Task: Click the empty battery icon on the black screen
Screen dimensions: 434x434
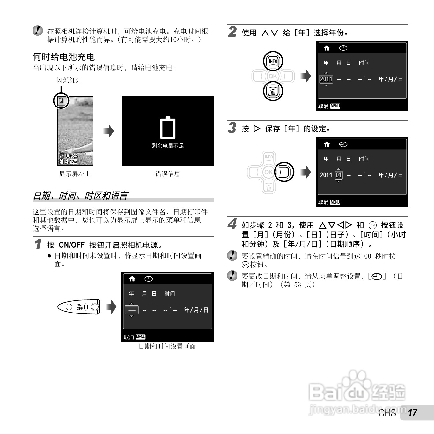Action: click(168, 128)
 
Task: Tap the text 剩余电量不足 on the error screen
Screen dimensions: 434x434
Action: click(168, 146)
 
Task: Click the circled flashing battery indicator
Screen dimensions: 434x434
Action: click(61, 101)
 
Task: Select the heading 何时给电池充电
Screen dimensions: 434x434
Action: click(63, 57)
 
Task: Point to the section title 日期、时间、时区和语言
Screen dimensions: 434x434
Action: click(80, 195)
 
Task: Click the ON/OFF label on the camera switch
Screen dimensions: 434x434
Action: click(79, 307)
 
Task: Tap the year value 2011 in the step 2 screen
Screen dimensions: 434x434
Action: click(326, 79)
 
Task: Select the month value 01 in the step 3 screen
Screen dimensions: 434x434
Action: click(339, 175)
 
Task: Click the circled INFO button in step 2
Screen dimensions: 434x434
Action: click(273, 61)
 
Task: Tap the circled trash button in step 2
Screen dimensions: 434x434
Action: click(273, 91)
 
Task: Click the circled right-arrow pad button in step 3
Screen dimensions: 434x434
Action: click(284, 172)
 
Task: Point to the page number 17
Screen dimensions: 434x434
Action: click(413, 413)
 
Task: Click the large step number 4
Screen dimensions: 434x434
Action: click(232, 224)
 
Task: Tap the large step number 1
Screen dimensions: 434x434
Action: click(38, 244)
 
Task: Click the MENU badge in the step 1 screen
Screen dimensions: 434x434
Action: click(141, 337)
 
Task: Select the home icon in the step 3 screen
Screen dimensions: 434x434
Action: click(327, 144)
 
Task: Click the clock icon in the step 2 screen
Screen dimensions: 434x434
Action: click(343, 48)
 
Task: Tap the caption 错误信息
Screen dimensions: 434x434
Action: click(168, 174)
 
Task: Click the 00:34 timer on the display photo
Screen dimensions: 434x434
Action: click(71, 156)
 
